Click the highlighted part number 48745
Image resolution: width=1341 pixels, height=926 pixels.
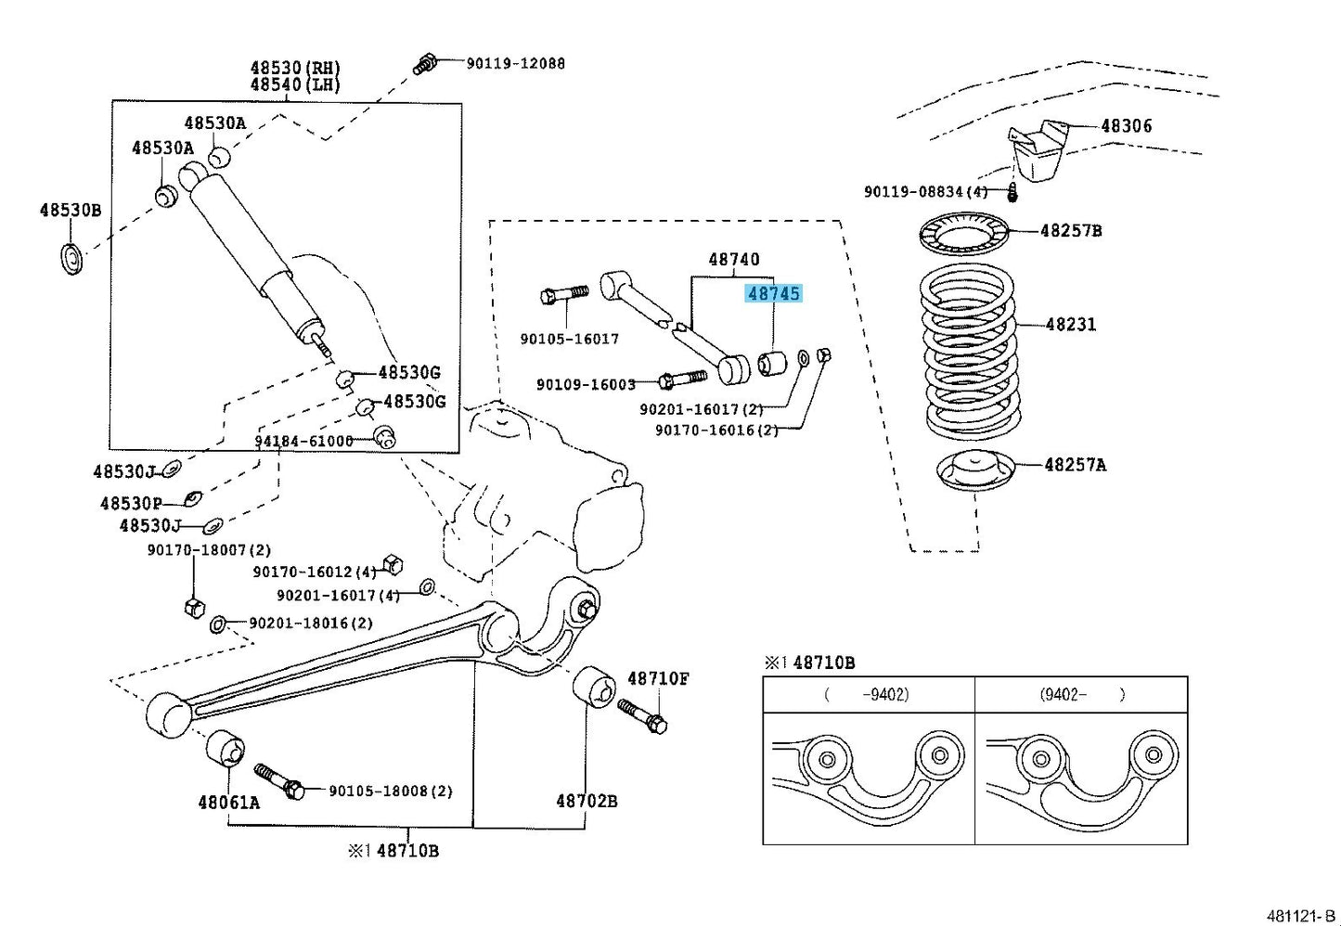pos(773,293)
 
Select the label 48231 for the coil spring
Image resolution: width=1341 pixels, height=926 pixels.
pos(1070,325)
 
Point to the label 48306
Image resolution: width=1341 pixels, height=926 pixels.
pos(1126,126)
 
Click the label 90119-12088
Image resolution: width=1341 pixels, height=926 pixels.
pos(515,63)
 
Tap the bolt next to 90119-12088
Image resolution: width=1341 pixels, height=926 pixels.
pos(426,65)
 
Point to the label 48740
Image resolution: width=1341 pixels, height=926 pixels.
pos(733,260)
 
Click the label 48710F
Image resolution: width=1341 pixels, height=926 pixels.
pos(658,678)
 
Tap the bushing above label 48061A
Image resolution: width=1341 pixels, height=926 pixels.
pos(226,749)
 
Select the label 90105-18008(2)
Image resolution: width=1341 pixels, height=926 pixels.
pos(391,791)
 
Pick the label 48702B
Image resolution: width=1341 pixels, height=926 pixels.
pos(587,800)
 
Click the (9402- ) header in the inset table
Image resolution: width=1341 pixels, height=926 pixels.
pos(1082,694)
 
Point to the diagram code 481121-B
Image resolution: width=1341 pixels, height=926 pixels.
pos(1303,916)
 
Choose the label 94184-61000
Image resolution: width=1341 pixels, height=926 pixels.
pos(303,441)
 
